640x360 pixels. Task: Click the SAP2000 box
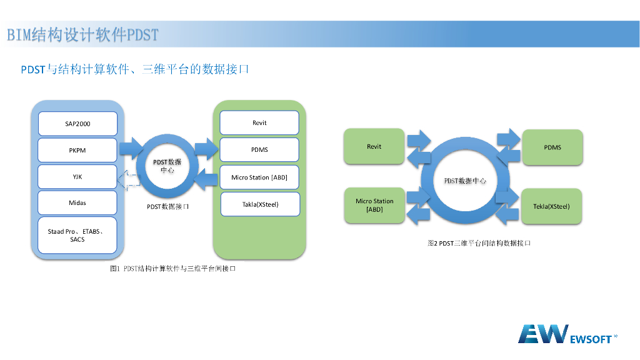click(77, 124)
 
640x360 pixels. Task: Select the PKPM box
click(77, 150)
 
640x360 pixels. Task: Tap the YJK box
click(77, 176)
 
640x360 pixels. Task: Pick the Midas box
click(77, 202)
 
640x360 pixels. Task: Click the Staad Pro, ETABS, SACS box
click(77, 235)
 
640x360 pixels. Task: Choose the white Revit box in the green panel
click(259, 123)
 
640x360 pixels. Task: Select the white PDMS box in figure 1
click(259, 150)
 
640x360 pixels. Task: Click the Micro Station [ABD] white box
click(259, 177)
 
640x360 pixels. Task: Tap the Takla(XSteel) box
click(260, 204)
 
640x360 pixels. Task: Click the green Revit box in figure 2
click(374, 147)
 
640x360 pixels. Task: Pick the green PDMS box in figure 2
click(552, 147)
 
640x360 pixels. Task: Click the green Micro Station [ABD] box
click(374, 205)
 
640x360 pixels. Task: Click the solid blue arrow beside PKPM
click(130, 147)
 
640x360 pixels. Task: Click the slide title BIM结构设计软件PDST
click(83, 34)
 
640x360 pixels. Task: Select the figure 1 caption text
click(172, 269)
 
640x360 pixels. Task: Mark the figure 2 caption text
click(479, 243)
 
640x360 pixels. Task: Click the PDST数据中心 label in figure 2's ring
click(465, 181)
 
